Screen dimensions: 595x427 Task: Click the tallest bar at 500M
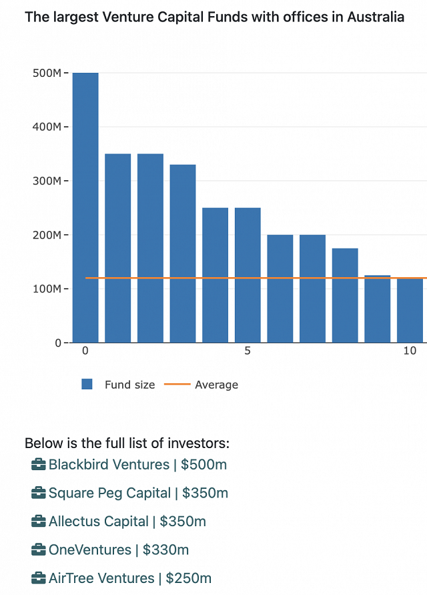(x=85, y=207)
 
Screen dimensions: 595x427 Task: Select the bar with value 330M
(x=183, y=254)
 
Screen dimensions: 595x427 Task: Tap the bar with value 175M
(x=345, y=295)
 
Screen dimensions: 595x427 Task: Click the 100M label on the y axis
(x=47, y=289)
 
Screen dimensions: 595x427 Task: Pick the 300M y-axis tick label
(x=47, y=181)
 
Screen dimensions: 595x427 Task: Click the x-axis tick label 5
(x=248, y=351)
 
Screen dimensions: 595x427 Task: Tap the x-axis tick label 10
(x=410, y=351)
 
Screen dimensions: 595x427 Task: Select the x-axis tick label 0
(x=85, y=351)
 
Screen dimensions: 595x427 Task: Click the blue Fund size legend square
(x=87, y=384)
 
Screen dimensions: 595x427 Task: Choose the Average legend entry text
(x=216, y=385)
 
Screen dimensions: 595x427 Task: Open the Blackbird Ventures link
(x=109, y=464)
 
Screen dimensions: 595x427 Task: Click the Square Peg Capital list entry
(x=109, y=493)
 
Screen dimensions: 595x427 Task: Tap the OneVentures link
(x=90, y=550)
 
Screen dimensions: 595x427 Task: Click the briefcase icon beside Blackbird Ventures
(x=39, y=464)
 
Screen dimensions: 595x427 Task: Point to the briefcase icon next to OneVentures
(x=39, y=550)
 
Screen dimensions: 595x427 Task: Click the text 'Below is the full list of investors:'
(x=127, y=443)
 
